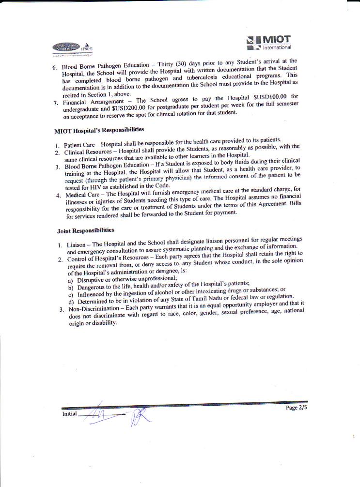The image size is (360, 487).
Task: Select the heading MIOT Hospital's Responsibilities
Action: [100, 130]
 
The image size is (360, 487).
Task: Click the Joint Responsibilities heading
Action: [85, 230]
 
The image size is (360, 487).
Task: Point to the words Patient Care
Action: [80, 145]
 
